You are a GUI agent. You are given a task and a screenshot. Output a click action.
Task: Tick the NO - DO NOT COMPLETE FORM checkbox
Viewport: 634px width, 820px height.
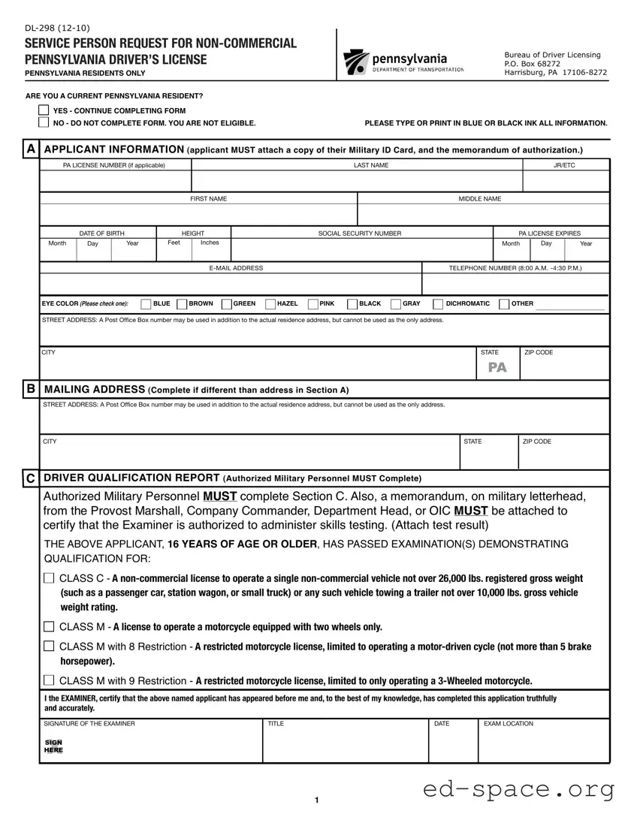44,122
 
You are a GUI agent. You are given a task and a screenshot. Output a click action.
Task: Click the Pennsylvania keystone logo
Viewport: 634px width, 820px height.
354,63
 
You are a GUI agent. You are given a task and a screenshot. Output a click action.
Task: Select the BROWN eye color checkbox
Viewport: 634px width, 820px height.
182,304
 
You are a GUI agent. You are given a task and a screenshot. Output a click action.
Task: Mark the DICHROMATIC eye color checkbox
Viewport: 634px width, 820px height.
439,304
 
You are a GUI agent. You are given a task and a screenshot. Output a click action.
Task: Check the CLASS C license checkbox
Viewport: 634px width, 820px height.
50,578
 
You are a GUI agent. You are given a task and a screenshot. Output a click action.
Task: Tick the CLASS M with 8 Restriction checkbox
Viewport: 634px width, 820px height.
50,647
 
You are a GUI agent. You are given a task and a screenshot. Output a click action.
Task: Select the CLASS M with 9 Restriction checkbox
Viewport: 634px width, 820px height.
50,681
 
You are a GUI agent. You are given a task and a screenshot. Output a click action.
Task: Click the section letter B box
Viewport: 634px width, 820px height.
31,389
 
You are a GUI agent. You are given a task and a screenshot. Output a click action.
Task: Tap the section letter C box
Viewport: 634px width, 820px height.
31,478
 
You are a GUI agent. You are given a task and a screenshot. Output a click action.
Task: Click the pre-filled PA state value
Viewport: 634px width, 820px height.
497,367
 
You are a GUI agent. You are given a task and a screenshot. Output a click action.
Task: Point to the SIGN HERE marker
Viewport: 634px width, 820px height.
54,746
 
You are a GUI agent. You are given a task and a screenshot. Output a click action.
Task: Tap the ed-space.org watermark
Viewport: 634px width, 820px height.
519,790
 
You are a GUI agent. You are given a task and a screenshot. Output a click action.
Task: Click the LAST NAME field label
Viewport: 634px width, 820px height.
371,165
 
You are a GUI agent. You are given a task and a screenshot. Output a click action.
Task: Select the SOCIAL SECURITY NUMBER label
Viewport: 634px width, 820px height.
360,234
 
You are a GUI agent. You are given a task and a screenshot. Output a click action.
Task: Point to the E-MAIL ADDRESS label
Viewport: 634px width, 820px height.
236,268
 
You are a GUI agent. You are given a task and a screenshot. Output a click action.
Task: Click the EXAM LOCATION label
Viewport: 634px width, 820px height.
509,724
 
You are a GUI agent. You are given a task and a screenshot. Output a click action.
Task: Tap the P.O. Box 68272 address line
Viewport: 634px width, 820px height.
533,64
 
